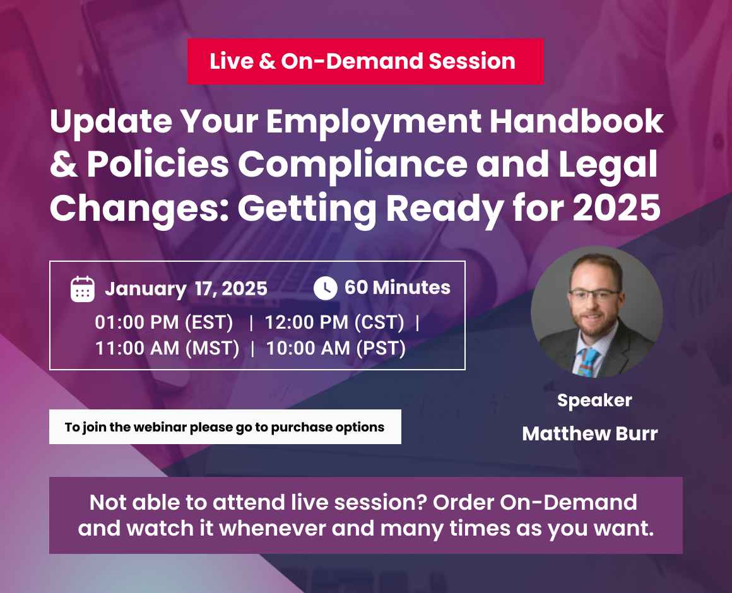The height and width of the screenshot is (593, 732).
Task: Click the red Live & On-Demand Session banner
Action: tap(365, 61)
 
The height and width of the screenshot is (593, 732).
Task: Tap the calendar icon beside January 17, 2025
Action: tap(83, 289)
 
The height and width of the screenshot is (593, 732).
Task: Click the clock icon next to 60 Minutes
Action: tap(325, 288)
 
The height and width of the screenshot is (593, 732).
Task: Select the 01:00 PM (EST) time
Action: tap(164, 322)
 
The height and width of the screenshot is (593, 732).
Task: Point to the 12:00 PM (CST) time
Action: tap(334, 322)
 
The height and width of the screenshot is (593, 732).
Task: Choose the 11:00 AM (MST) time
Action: tap(167, 348)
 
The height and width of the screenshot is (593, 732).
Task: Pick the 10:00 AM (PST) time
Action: tap(336, 348)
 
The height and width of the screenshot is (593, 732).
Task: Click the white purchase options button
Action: tap(225, 427)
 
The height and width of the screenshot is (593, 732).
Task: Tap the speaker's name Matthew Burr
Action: tap(590, 434)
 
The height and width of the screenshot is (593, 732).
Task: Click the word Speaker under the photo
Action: tap(594, 400)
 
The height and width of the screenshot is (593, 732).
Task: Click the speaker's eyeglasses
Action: tap(594, 294)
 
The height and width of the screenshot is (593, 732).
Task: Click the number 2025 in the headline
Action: tap(616, 209)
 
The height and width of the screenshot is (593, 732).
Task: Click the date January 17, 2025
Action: tap(186, 289)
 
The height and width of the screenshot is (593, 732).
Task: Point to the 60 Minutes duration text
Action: tap(398, 288)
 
